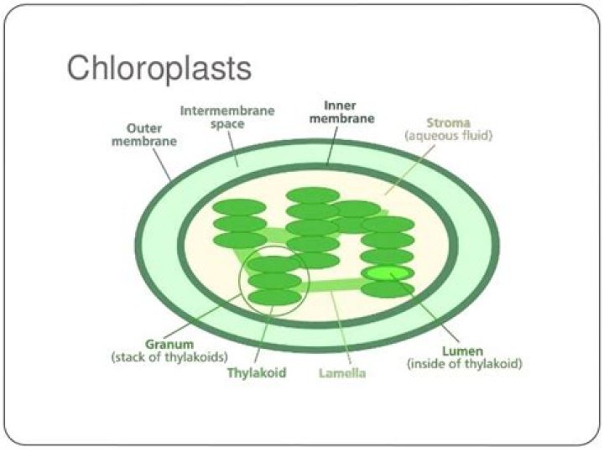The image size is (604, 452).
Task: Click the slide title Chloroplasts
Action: point(159,68)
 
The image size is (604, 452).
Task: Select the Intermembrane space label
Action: point(226,117)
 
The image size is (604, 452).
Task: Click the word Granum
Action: point(169,344)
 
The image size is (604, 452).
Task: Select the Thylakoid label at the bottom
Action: point(258,372)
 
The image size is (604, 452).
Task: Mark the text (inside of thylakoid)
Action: point(465,365)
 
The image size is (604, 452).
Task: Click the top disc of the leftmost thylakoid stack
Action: point(239,208)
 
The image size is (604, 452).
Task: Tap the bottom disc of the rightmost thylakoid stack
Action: point(387,289)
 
